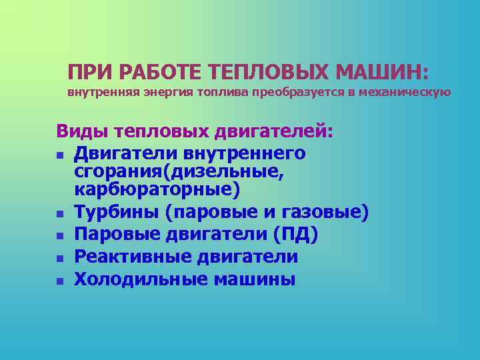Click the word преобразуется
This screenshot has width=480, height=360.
pos(297,92)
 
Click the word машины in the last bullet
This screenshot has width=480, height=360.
pos(255,279)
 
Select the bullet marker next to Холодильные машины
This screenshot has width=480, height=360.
pos(60,281)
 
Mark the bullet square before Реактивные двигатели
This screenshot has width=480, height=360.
pos(60,259)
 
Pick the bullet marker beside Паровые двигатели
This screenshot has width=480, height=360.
pos(60,237)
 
